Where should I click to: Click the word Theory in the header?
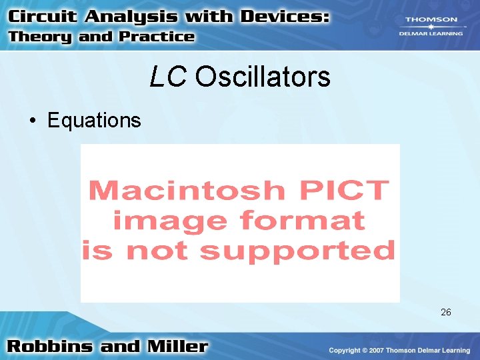(41, 37)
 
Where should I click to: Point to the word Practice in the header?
(155, 37)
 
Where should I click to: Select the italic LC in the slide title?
(169, 77)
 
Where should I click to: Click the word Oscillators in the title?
(263, 77)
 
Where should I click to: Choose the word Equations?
(94, 121)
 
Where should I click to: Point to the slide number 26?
(446, 312)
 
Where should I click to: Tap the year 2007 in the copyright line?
(380, 351)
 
